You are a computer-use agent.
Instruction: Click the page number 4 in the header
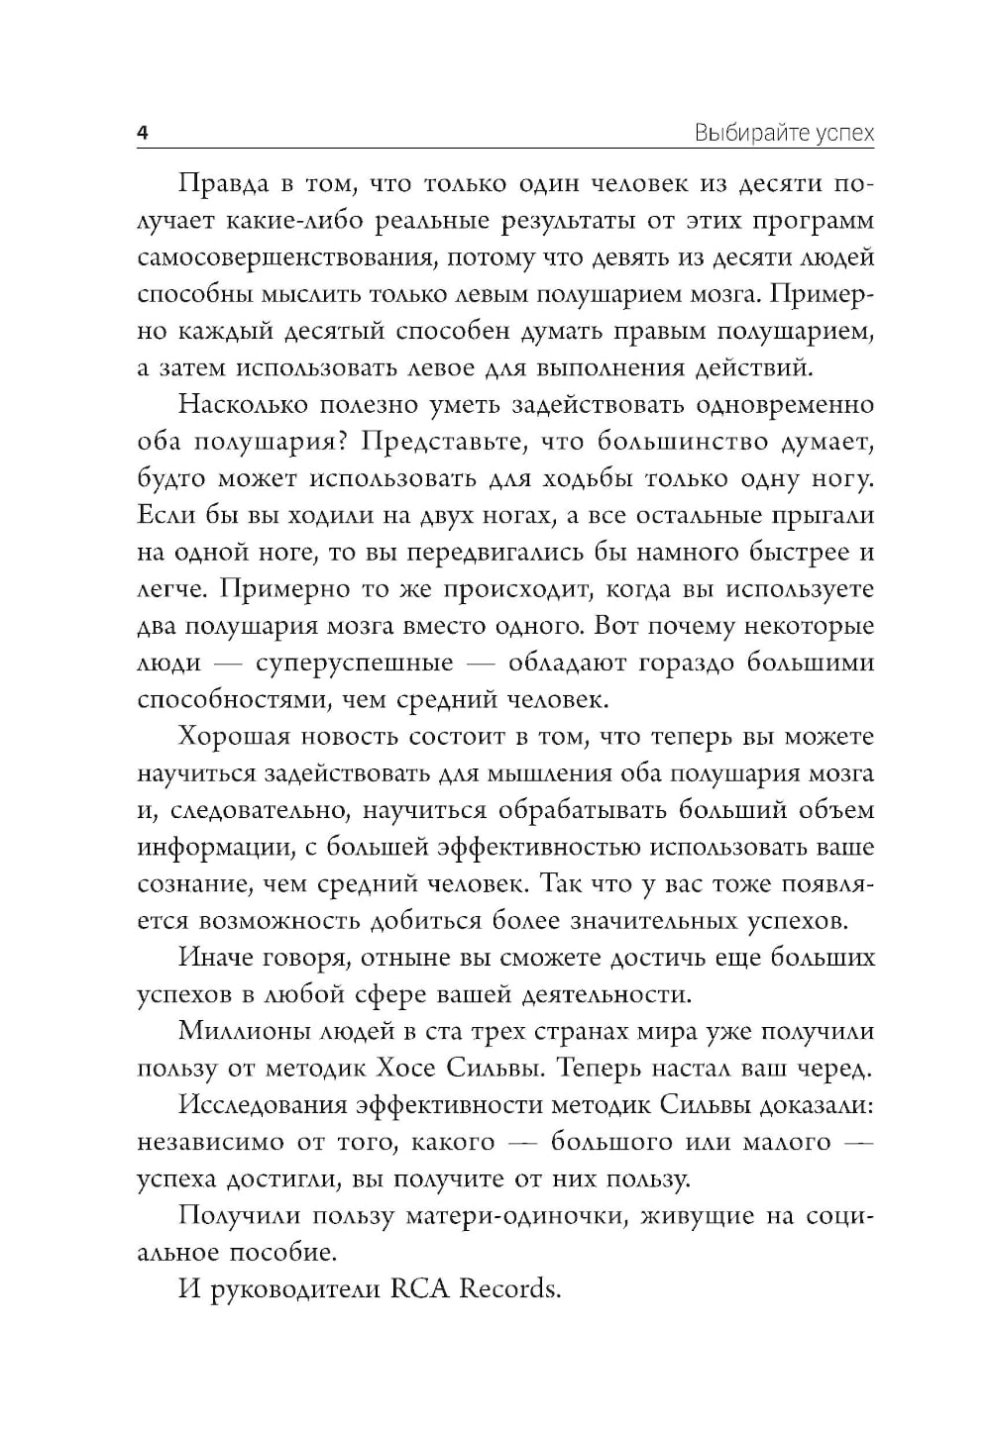tap(143, 134)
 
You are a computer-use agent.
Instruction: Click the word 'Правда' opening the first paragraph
tap(224, 185)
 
